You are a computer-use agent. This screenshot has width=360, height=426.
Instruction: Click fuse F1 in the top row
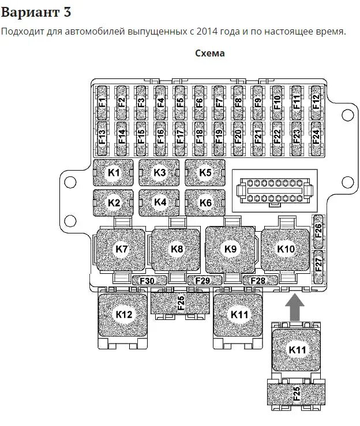coord(102,103)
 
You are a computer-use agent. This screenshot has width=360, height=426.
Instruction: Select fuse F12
coord(316,103)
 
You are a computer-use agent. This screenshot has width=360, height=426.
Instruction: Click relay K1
coord(114,172)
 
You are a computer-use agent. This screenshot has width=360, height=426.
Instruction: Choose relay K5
coord(205,172)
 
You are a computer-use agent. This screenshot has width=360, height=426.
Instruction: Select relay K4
coord(160,202)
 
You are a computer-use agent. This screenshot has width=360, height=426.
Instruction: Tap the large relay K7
coord(121,249)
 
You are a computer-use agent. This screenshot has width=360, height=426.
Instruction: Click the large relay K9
coord(231,249)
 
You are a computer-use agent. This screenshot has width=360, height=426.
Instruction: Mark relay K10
coord(286,249)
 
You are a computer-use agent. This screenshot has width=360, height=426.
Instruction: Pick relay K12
coord(124,315)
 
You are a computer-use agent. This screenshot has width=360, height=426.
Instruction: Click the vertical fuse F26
coord(318,231)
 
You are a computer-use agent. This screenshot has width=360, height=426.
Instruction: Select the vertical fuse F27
coord(318,265)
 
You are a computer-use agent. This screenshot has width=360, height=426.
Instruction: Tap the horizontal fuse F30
coord(147,281)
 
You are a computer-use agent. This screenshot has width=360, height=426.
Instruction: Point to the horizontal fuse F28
coord(258,281)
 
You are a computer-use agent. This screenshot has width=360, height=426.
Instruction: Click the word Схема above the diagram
coord(210,54)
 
